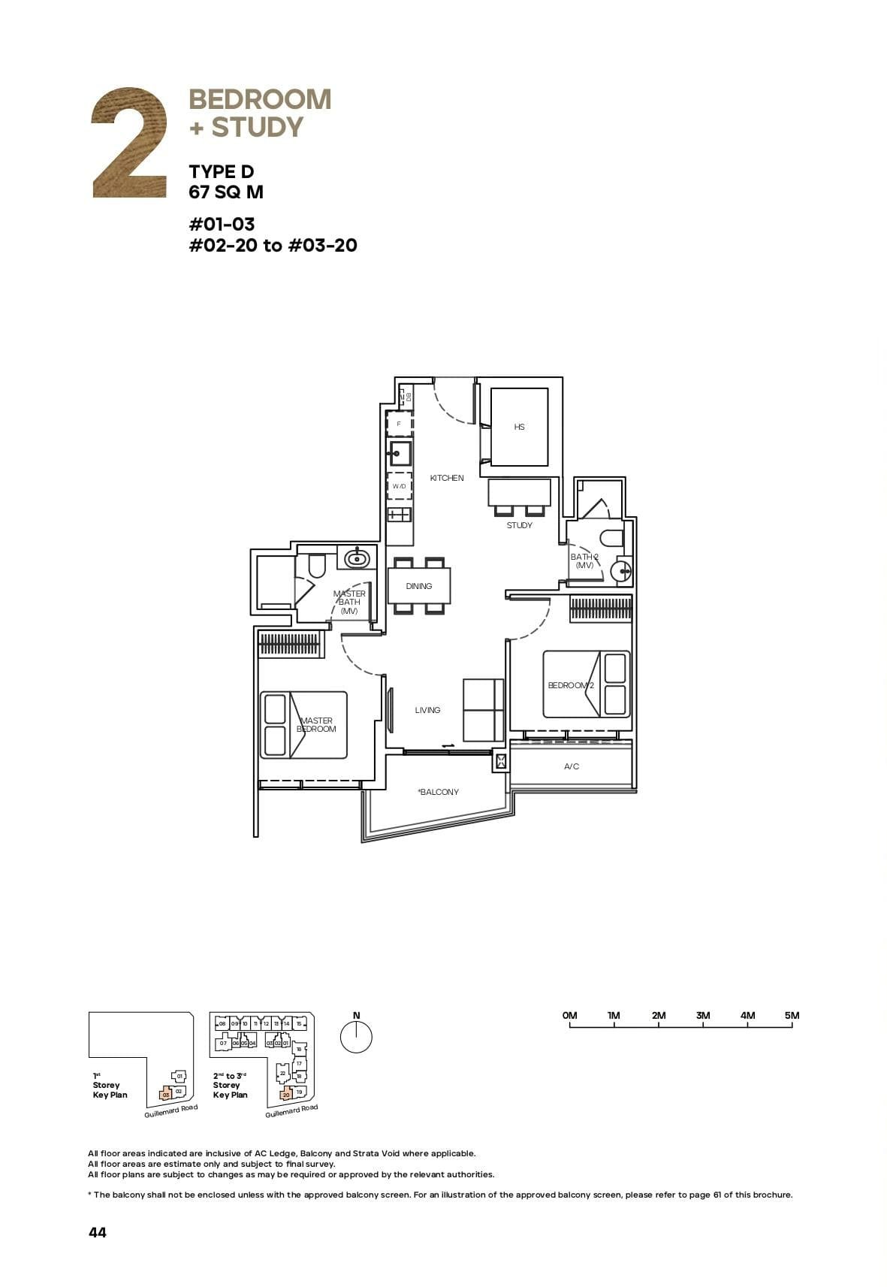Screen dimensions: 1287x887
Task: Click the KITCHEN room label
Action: click(447, 478)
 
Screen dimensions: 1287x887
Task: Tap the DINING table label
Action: click(419, 586)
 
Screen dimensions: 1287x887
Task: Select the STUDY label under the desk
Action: click(519, 525)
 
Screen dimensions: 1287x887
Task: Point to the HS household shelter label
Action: click(519, 427)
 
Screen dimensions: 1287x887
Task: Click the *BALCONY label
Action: click(439, 792)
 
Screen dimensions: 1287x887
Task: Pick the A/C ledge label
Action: click(572, 766)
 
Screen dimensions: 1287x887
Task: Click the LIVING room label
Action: click(427, 710)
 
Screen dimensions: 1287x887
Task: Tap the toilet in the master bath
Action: click(317, 565)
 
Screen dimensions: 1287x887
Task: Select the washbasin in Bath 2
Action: click(622, 573)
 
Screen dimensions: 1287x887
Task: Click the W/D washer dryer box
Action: click(399, 486)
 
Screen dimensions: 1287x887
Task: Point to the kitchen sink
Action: click(399, 453)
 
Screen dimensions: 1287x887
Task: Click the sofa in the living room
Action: click(483, 710)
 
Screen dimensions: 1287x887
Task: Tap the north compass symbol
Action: click(356, 1038)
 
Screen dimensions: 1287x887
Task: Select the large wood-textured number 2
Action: click(129, 143)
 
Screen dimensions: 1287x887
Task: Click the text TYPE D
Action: click(222, 172)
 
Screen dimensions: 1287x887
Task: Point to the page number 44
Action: click(98, 1232)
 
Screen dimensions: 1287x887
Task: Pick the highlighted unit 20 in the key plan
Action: click(286, 1095)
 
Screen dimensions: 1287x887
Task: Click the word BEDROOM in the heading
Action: click(260, 99)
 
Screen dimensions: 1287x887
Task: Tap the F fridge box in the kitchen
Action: click(399, 424)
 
